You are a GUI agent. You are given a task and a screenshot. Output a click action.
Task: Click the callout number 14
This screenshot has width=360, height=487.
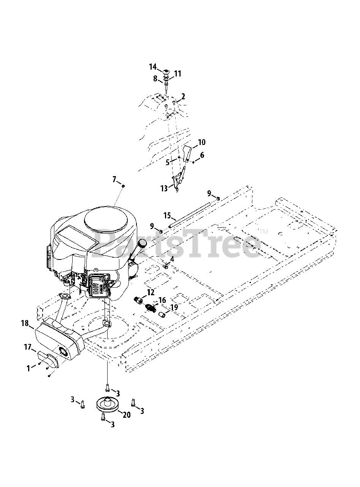[x=152, y=67]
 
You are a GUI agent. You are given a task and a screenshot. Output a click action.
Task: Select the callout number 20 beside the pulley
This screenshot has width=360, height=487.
[x=127, y=415]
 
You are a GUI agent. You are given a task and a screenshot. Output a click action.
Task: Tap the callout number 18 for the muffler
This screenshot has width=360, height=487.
[x=25, y=323]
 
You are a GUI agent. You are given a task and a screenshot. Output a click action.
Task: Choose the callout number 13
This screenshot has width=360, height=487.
[x=164, y=188]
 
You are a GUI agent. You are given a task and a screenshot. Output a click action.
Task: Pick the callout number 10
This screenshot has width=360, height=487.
[x=201, y=142]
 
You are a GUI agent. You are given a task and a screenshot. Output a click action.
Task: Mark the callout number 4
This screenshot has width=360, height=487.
[x=172, y=259]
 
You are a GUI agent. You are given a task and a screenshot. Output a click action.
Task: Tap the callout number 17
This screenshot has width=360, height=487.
[x=27, y=347]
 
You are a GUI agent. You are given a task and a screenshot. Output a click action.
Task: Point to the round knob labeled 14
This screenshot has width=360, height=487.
[x=166, y=72]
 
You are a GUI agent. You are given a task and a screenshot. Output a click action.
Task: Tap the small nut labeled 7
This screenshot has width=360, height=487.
[x=123, y=186]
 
